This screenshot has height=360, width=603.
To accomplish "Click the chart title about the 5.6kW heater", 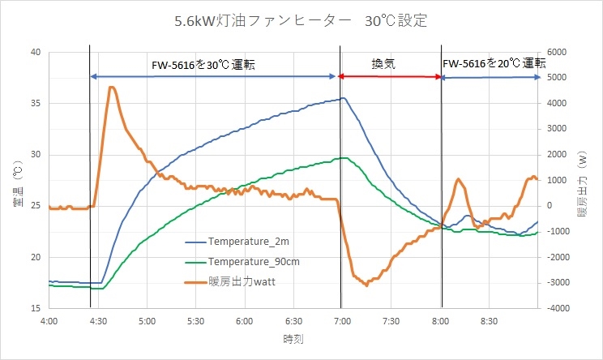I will click(x=301, y=20).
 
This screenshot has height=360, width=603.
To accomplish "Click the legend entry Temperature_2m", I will click(x=248, y=242).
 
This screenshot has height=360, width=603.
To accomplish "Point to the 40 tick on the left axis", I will click(x=35, y=52).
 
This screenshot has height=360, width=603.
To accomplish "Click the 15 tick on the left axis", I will click(x=35, y=309).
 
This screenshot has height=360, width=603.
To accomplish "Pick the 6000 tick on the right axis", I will click(x=560, y=52).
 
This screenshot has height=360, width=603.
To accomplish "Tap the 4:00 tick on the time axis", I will click(x=49, y=321).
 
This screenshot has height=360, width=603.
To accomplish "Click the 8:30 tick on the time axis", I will click(x=489, y=321).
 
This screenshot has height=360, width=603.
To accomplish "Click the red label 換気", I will click(x=383, y=64).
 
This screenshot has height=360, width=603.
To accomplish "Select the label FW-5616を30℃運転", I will click(x=203, y=64).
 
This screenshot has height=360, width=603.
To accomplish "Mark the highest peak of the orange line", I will click(x=112, y=87).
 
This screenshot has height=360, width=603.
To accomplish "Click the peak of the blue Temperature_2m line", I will click(x=344, y=98).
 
